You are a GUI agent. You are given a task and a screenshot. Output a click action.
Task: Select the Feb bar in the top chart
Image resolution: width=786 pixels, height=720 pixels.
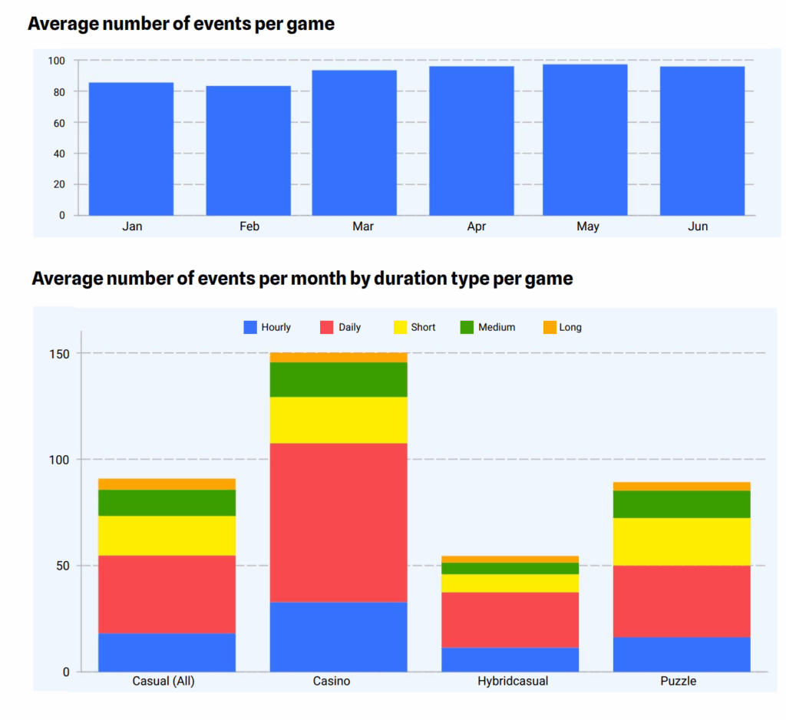[248, 150]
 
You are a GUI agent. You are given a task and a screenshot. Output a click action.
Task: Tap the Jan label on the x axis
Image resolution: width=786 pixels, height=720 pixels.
[132, 226]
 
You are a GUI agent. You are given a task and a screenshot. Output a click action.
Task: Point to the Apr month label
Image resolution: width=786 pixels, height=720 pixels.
[476, 226]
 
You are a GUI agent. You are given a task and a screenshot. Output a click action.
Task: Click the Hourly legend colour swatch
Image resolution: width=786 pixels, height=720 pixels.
[250, 327]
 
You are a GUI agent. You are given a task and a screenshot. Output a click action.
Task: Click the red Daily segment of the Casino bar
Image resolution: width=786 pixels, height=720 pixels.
[339, 523]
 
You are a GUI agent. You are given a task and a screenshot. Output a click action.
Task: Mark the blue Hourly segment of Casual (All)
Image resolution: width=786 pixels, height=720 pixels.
[167, 652]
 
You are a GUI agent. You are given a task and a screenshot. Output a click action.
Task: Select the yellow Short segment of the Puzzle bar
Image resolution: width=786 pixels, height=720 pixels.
[682, 542]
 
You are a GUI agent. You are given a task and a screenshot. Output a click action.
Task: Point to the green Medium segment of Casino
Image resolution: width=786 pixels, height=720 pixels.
[339, 379]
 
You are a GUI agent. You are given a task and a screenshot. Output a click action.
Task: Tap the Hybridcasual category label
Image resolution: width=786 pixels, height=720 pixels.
[513, 681]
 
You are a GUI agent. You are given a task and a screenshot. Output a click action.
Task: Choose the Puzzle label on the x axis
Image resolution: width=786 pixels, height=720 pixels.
[679, 681]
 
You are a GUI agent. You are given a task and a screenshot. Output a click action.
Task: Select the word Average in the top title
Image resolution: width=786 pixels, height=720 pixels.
[64, 24]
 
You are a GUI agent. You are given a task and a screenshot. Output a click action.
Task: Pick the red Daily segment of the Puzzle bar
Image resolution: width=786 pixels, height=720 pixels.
[682, 601]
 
